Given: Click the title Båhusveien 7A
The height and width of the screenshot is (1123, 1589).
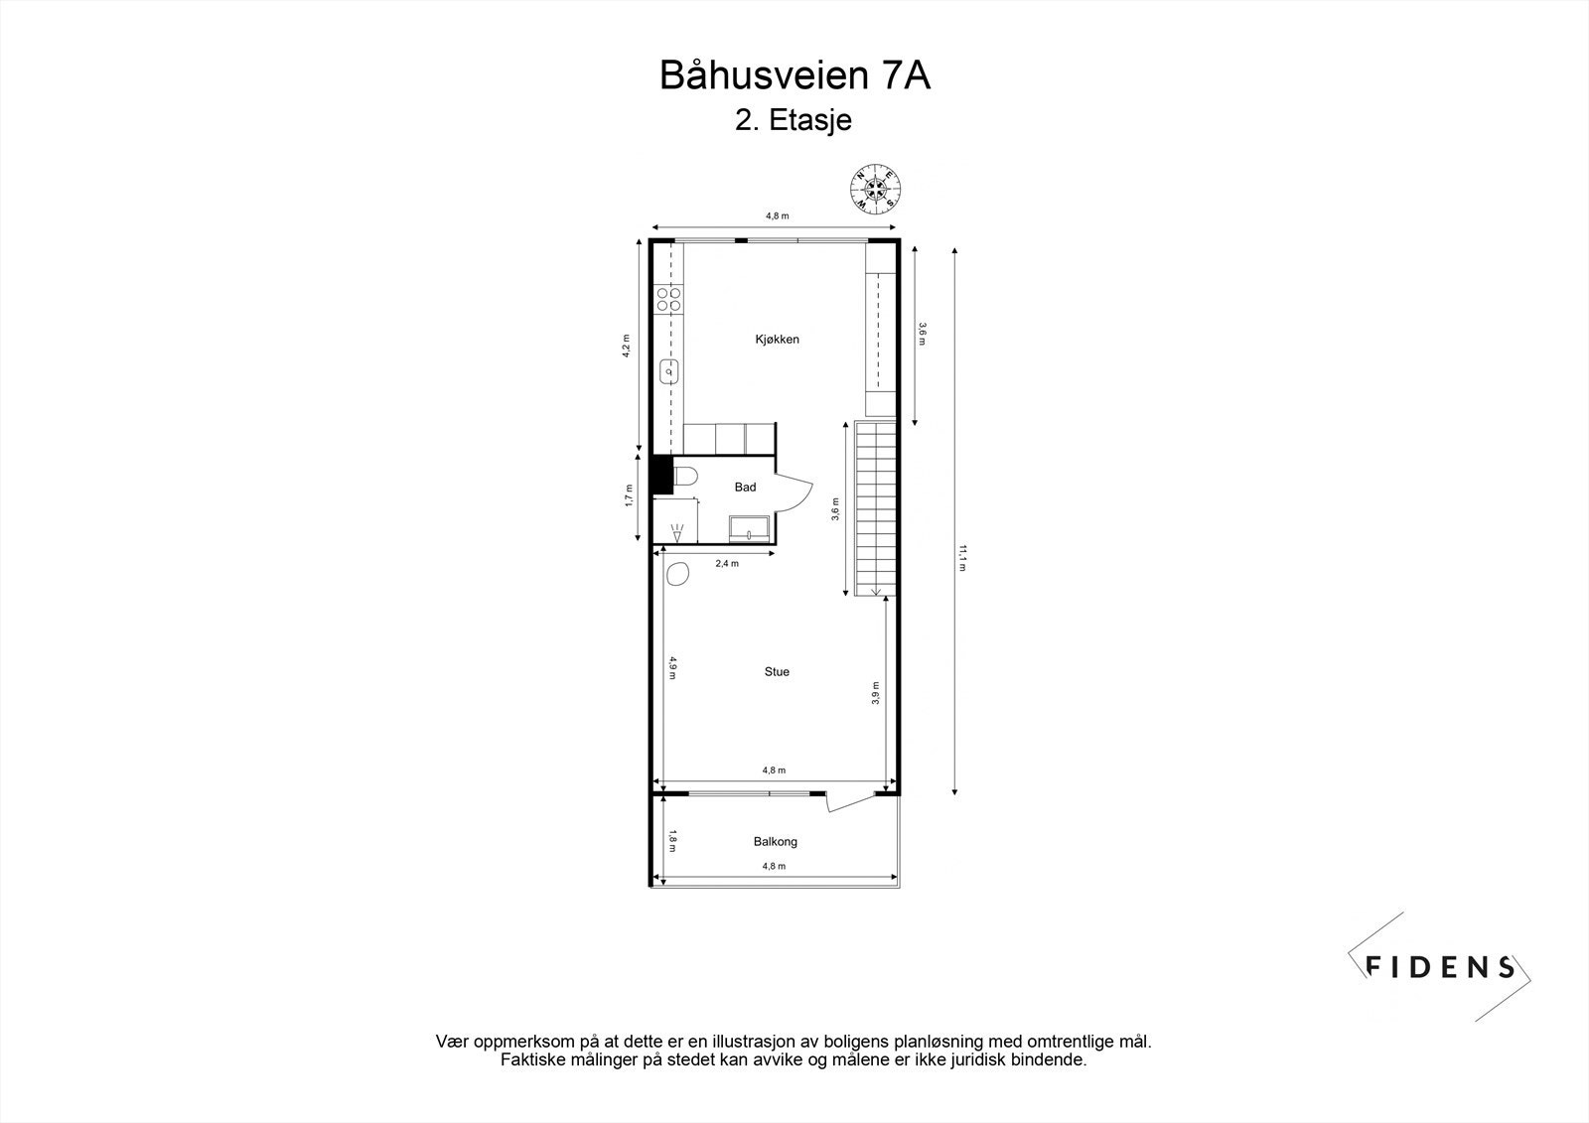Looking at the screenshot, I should [794, 75].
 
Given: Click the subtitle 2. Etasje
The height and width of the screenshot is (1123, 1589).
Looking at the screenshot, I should [794, 121].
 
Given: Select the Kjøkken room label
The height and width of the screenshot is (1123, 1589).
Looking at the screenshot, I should [777, 340].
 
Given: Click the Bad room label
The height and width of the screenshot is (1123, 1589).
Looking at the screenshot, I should [745, 487].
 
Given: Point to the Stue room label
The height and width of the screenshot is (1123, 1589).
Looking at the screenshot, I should [777, 672].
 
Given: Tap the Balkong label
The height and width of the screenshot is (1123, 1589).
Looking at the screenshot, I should [775, 842].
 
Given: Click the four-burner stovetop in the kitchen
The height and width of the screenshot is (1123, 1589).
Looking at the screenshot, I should [669, 299].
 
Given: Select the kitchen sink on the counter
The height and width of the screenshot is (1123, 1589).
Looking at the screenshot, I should [669, 372].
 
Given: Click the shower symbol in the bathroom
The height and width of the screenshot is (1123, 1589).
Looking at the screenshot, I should [678, 531].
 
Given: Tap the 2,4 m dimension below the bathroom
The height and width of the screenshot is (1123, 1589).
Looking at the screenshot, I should [727, 563].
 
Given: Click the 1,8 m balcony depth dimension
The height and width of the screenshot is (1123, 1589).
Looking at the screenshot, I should [672, 840].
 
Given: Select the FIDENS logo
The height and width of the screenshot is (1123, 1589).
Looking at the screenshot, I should [1439, 966].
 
